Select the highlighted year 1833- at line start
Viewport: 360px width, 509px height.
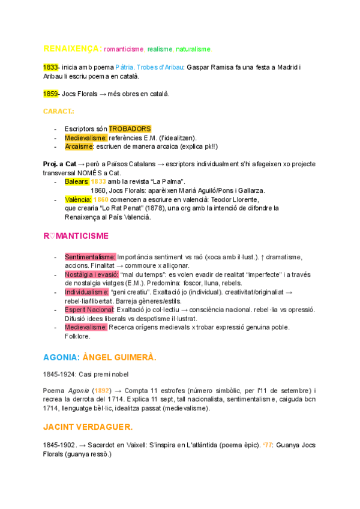coord(51,67)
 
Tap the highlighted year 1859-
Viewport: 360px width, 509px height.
coord(51,94)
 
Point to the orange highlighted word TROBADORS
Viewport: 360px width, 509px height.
coord(130,129)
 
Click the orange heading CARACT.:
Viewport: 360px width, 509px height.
coord(59,112)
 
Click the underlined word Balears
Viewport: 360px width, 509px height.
coord(77,181)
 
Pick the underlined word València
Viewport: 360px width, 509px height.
coord(78,199)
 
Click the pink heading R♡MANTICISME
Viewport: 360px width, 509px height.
coord(76,236)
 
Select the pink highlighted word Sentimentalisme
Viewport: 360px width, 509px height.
coord(90,257)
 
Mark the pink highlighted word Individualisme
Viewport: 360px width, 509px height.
coord(86,292)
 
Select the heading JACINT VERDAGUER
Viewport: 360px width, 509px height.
coord(88,427)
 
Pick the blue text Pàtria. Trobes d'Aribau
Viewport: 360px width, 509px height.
coord(149,67)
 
